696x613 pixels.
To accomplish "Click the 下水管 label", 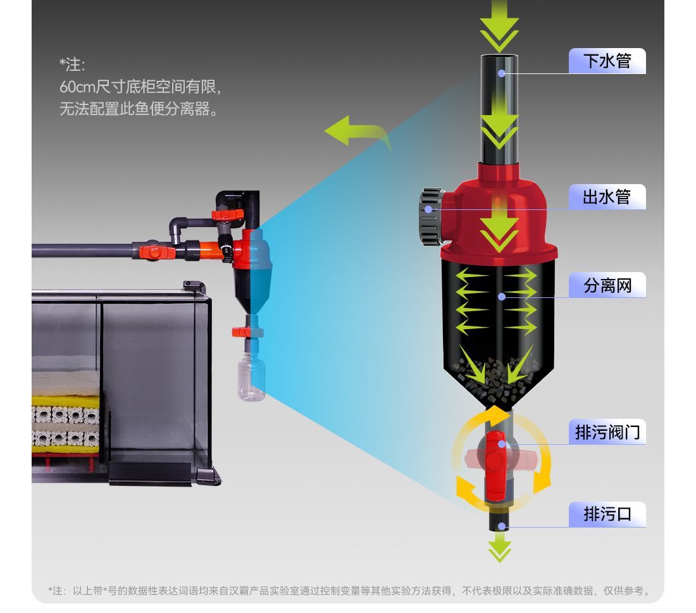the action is pos(607,61).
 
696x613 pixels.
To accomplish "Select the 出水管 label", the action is pos(607,197).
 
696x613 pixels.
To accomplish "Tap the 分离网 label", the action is pos(607,285).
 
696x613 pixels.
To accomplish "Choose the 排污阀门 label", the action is pos(607,432).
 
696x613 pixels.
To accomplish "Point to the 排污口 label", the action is pos(607,514).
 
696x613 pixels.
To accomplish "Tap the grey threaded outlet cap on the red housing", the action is pos(431,217).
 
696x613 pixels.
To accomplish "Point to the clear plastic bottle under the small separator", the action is pos(251,379).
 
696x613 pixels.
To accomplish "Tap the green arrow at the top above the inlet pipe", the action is pos(499,25).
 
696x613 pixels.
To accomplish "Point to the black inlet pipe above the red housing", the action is pos(499,108).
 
